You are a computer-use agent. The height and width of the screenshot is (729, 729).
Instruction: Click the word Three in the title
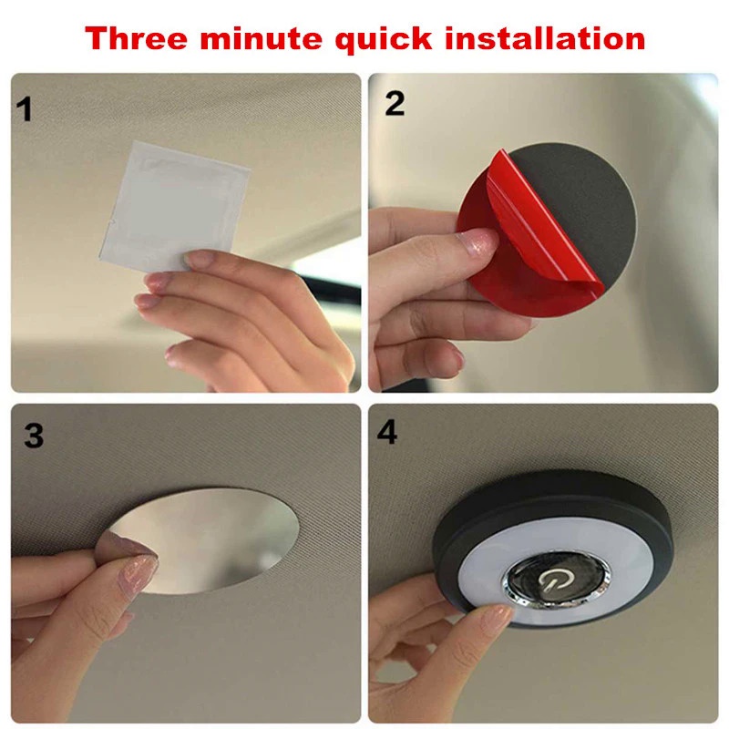pos(136,38)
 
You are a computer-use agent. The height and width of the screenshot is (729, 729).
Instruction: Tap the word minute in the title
pos(261,38)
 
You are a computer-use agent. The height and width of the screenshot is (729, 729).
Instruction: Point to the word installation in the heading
pos(545,38)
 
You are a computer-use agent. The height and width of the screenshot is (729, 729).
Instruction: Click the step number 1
pos(25,109)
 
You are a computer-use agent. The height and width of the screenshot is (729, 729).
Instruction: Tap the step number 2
pos(395,103)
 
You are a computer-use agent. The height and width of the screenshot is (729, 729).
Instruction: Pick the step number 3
pos(34,436)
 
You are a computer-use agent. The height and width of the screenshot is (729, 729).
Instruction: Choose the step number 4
pos(387,432)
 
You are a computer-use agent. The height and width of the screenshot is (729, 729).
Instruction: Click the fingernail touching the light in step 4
pos(497,620)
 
